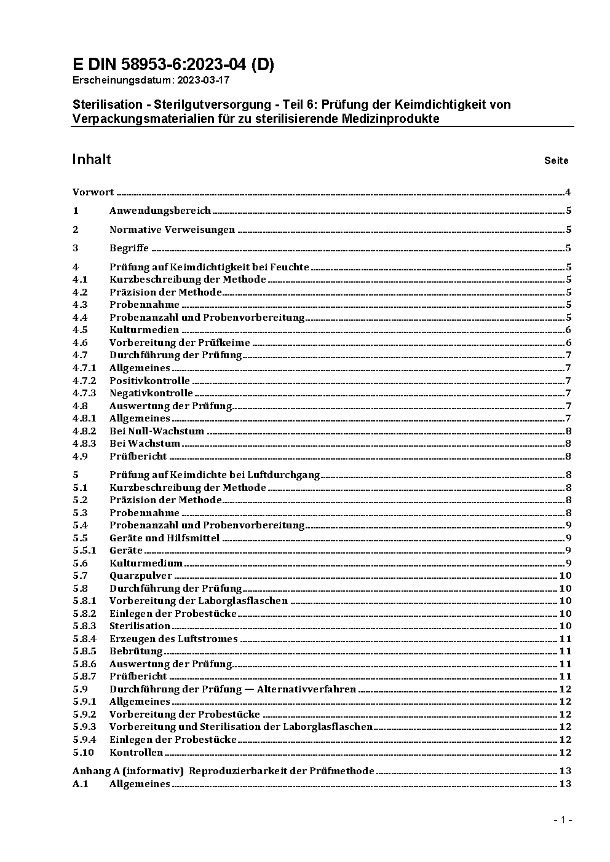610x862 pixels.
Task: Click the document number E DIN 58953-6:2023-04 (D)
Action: coord(173,65)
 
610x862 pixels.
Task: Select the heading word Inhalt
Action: coord(92,160)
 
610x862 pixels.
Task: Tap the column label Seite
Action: coord(556,161)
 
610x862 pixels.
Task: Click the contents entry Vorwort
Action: coord(93,192)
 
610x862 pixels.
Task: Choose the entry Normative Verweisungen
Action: coord(172,230)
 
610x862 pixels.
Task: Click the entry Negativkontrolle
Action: coord(151,393)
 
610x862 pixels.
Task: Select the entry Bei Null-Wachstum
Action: coord(157,431)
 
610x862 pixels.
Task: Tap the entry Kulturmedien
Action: coord(144,330)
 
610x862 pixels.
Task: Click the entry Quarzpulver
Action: coord(141,576)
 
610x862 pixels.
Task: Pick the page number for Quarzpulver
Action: coord(565,576)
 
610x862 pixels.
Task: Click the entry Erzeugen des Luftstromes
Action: coord(173,639)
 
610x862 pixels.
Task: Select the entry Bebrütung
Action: coord(136,651)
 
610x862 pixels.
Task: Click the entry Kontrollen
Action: coord(136,753)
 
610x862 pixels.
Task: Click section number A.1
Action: coord(81,784)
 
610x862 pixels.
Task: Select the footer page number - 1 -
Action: coord(563,820)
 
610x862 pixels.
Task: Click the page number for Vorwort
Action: coord(568,192)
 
